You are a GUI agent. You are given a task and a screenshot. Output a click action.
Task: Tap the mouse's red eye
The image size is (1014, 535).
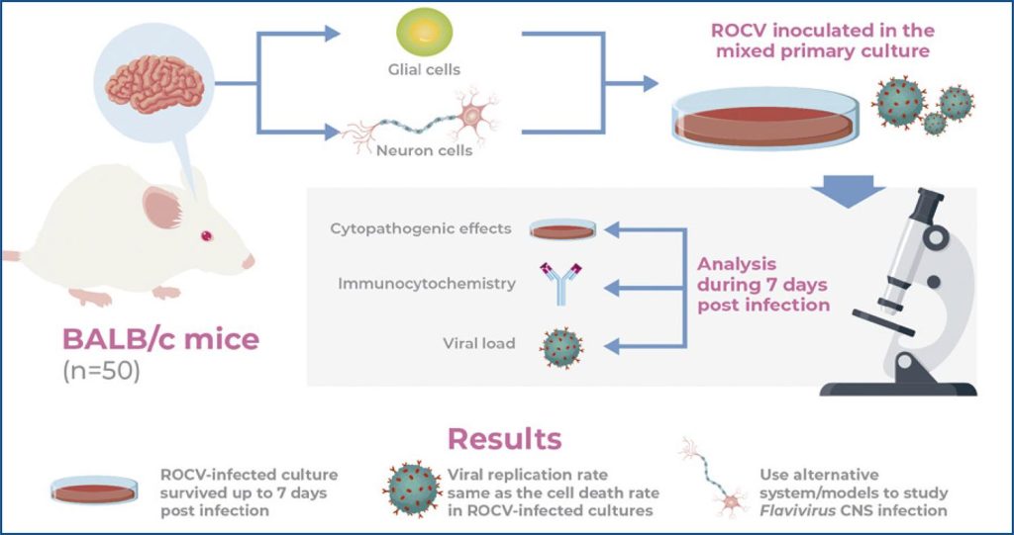(x=208, y=235)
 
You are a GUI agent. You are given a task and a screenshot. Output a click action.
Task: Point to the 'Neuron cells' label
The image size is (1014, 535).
(x=424, y=151)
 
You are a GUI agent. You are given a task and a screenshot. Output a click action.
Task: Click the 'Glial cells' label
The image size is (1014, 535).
(x=423, y=69)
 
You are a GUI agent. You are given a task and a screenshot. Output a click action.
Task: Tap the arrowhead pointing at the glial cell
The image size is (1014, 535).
(x=332, y=34)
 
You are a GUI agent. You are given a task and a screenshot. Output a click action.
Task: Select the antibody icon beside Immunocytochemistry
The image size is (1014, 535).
(x=556, y=284)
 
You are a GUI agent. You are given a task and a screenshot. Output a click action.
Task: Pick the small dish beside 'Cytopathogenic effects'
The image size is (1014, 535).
(x=562, y=229)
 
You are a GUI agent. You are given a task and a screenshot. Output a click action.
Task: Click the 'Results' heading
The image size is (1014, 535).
(x=504, y=438)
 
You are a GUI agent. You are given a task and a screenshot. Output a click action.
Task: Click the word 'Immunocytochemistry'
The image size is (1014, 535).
(x=426, y=284)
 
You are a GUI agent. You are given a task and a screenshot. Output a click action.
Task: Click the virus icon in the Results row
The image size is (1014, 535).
(x=413, y=490)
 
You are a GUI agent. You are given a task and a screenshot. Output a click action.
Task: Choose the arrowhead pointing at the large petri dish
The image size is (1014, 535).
(x=649, y=84)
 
